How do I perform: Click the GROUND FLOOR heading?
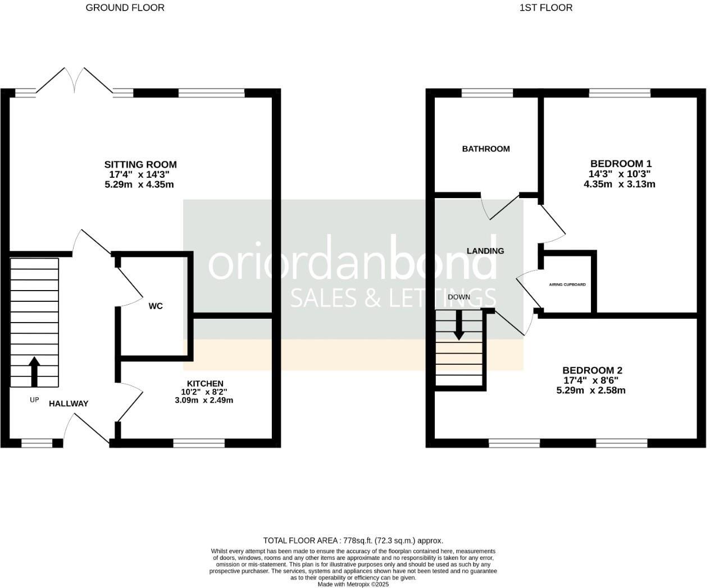click(125, 8)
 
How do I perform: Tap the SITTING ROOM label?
click(140, 164)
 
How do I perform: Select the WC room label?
click(156, 306)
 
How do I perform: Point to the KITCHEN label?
click(205, 383)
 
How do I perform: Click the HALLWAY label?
click(69, 403)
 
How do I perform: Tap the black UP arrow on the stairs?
click(34, 371)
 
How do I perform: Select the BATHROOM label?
click(486, 149)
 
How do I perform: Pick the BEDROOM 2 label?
click(592, 370)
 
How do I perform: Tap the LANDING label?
click(485, 251)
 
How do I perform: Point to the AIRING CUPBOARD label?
click(567, 284)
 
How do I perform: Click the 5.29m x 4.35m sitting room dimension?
click(139, 185)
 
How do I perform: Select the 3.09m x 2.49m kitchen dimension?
click(204, 401)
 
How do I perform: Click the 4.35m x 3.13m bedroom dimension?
click(620, 184)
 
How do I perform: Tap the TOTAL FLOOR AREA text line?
click(353, 541)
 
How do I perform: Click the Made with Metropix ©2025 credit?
click(353, 584)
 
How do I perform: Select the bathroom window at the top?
click(487, 93)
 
